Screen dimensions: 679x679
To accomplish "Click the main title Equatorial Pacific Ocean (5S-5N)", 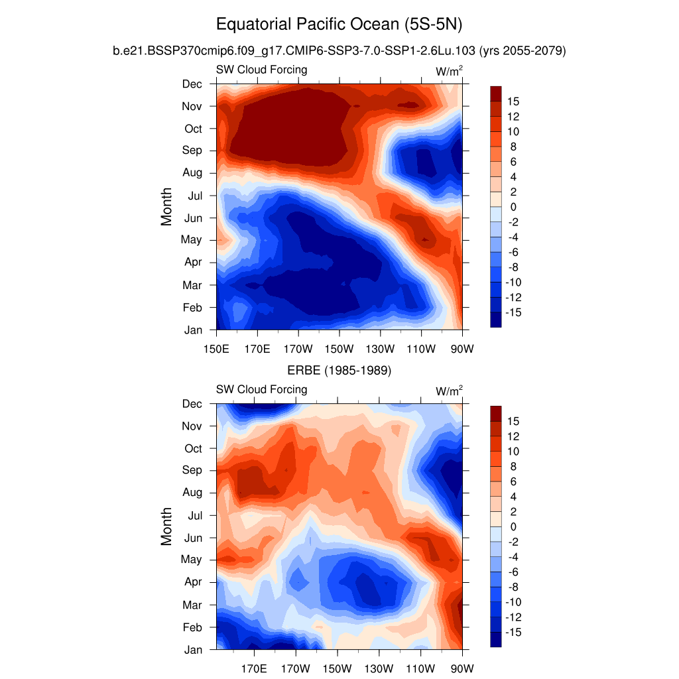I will click(x=339, y=25).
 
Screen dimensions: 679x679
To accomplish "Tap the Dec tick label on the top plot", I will click(x=192, y=84).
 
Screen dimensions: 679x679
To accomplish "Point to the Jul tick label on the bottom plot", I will click(x=194, y=515).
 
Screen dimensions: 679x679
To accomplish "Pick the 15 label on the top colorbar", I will click(x=513, y=101).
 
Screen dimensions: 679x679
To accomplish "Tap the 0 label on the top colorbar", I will click(x=513, y=207).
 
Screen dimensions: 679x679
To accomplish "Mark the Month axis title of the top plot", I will click(x=166, y=206).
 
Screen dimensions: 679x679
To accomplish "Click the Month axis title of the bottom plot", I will click(x=166, y=526).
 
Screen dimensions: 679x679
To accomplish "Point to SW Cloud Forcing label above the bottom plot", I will click(x=261, y=389).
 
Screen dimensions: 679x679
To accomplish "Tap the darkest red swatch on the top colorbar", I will click(x=495, y=93).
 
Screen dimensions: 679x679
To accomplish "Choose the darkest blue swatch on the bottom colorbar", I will click(x=495, y=639).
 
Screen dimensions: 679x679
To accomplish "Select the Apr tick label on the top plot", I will click(x=193, y=262).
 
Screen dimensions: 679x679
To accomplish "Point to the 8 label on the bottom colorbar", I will click(x=513, y=467).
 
